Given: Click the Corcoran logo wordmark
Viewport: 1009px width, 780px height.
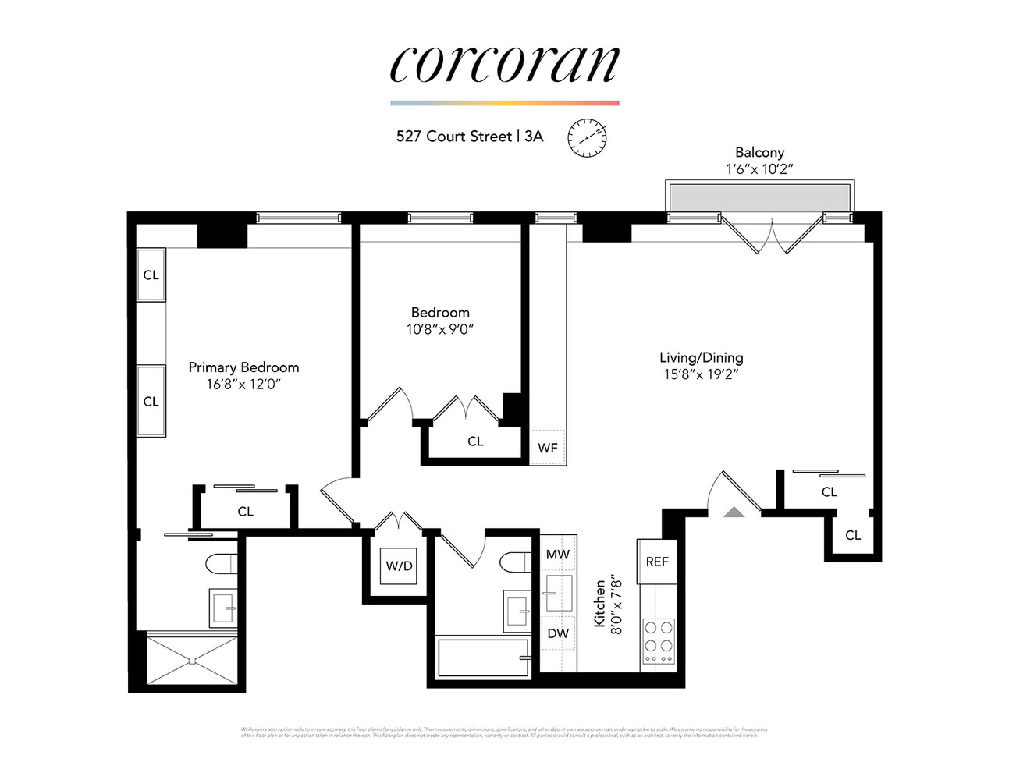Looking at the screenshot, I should [504, 64].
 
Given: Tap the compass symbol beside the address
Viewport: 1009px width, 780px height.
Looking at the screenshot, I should [586, 138].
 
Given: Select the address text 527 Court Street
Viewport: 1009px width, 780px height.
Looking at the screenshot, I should [453, 136].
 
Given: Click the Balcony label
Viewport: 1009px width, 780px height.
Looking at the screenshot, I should [759, 153].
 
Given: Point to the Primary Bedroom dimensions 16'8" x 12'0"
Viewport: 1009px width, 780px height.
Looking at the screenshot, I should [243, 385].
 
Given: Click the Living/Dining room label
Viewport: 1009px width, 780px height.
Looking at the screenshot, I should [701, 357].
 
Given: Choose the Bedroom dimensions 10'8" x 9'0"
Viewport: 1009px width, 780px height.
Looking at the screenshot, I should [440, 329].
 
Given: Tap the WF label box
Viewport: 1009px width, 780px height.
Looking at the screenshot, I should [548, 448].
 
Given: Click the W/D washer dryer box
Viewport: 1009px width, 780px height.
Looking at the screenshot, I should [399, 565].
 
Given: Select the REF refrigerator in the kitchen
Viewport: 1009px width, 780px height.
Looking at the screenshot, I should [657, 562].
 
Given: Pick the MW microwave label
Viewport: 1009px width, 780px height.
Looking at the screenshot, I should [558, 555].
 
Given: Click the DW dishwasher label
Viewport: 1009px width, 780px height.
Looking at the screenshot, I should [558, 633].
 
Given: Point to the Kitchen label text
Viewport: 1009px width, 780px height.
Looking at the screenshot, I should [599, 603].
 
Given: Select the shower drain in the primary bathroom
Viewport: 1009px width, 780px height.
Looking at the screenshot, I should [192, 661].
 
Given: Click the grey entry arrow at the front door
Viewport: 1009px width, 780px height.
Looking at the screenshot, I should [734, 512].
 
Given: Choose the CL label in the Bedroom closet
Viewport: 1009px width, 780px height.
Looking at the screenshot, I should [475, 441].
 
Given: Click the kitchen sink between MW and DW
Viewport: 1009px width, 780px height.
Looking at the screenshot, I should [558, 593].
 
